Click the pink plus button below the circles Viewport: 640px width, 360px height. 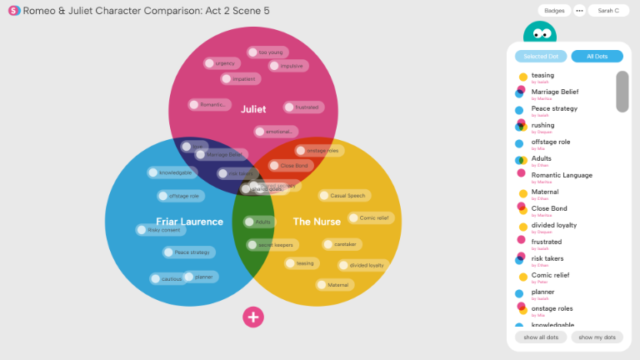pyautogui.click(x=253, y=317)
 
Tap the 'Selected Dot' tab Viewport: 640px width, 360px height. pyautogui.click(x=540, y=57)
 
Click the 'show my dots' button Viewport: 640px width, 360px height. pyautogui.click(x=597, y=337)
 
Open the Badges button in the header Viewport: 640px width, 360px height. pyautogui.click(x=554, y=11)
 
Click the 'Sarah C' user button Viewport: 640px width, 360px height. pyautogui.click(x=608, y=11)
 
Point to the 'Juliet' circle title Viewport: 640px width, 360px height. pyautogui.click(x=253, y=109)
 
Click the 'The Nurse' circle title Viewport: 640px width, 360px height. pyautogui.click(x=316, y=222)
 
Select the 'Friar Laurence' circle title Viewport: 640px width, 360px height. pyautogui.click(x=189, y=222)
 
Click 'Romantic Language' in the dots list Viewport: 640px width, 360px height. pyautogui.click(x=562, y=175)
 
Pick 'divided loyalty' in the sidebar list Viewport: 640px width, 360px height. pyautogui.click(x=553, y=225)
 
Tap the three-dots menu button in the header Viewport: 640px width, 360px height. pyautogui.click(x=579, y=11)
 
